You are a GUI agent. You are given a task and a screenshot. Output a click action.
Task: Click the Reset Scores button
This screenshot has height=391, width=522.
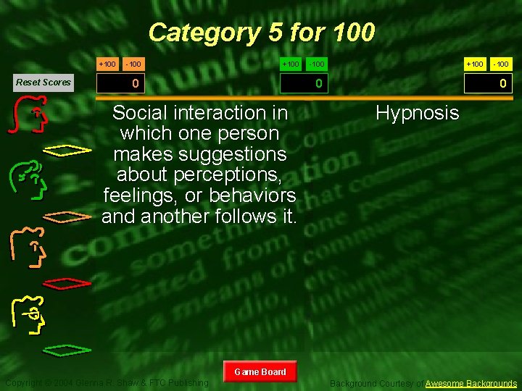[x=43, y=82]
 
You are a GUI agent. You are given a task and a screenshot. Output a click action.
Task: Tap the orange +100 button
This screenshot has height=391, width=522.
[x=107, y=64]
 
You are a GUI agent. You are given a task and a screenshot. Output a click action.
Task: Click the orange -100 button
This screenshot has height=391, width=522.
[x=133, y=64]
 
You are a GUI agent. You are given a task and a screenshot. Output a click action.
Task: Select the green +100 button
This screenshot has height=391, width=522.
[x=290, y=64]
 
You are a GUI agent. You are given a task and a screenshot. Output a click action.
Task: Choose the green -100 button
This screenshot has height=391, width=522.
[x=317, y=64]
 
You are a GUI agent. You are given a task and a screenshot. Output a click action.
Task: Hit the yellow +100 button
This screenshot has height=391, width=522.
[x=475, y=64]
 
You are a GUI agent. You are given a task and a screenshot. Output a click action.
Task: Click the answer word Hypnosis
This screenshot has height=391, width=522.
[x=417, y=113]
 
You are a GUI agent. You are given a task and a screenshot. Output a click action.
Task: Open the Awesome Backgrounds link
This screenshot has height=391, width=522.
[x=471, y=383]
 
